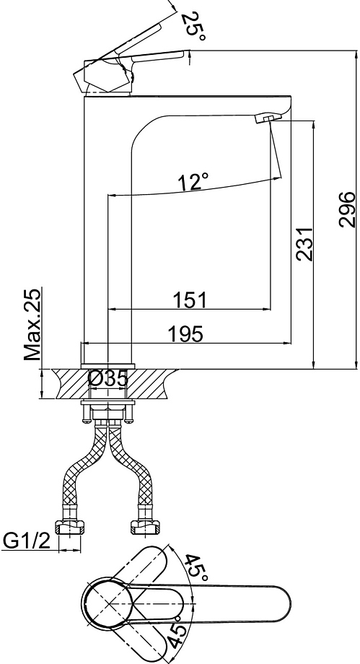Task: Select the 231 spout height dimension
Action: point(304,244)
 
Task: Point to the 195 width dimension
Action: point(186,334)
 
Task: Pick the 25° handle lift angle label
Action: point(193,26)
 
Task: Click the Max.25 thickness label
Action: point(32,324)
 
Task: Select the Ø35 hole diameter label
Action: point(107,379)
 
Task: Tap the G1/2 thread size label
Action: point(27,541)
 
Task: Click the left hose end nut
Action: point(70,527)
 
